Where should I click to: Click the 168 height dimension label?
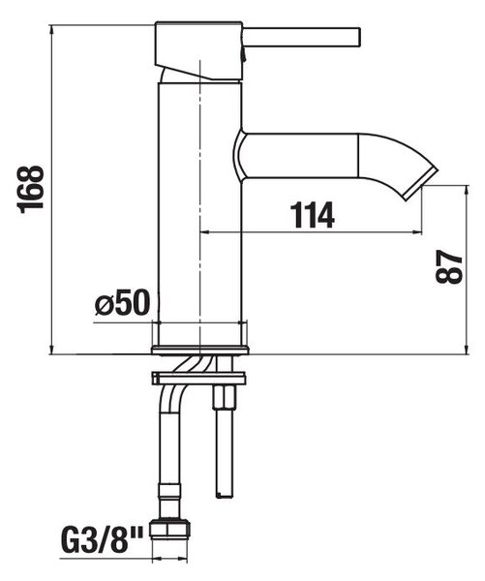(x=31, y=190)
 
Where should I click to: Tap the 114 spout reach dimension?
(x=312, y=215)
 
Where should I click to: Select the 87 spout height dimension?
(x=449, y=266)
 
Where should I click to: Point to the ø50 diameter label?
(x=122, y=302)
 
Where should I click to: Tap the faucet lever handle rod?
(x=301, y=37)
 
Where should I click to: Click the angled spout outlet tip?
(x=420, y=184)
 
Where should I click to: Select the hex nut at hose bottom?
(x=169, y=529)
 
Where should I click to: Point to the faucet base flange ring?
(x=200, y=351)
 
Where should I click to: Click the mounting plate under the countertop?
(x=198, y=379)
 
